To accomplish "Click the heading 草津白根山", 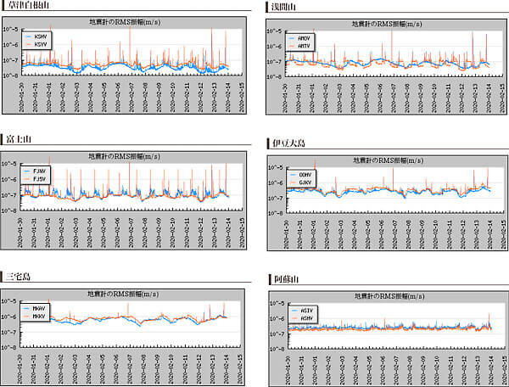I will [26, 7].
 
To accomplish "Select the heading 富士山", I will [18, 139].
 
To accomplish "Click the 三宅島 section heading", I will [18, 277].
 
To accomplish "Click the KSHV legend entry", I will [41, 37].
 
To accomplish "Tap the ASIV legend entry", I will [308, 311].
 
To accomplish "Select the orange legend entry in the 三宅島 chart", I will [38, 316].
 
